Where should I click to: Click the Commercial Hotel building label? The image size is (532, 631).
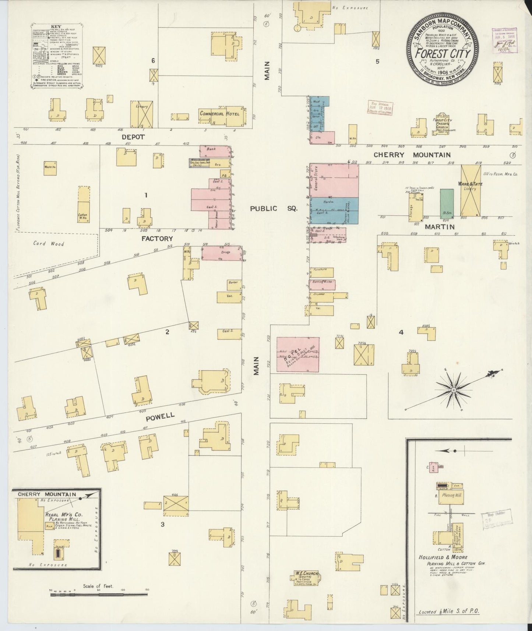point(219,114)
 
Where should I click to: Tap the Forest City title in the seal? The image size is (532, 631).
point(443,54)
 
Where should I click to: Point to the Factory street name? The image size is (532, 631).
point(157,239)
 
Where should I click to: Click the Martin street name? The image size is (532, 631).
point(440,227)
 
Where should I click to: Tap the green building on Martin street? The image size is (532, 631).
point(447,204)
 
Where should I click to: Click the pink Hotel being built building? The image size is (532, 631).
point(297,354)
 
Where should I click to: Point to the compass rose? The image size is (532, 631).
point(454,389)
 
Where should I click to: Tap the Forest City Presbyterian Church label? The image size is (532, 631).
point(443,123)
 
